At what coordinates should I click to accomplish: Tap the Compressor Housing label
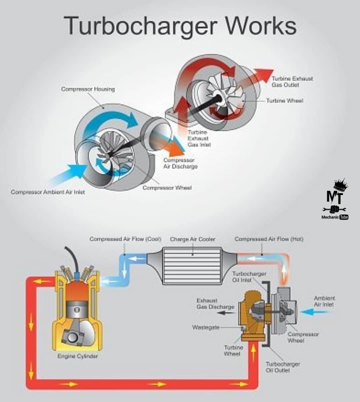pos(88,89)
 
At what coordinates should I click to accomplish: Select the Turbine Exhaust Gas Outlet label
pos(292,82)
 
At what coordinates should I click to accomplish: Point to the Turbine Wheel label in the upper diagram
pos(285,101)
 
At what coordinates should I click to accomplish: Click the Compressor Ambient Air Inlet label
pos(48,192)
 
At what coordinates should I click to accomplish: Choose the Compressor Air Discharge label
pos(180,163)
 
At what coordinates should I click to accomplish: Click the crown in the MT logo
pos(341,184)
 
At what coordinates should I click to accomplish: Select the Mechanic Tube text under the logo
pos(335,217)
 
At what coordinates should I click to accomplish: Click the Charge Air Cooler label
pos(193,239)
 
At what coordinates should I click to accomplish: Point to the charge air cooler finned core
pos(192,266)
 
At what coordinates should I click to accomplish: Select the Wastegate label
pos(206,327)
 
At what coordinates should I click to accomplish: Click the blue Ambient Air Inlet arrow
pos(315,312)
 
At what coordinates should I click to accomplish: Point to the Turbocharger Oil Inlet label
pos(249,277)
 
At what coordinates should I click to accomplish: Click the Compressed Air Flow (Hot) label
pos(269,239)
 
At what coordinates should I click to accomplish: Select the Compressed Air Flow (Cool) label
pos(125,239)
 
